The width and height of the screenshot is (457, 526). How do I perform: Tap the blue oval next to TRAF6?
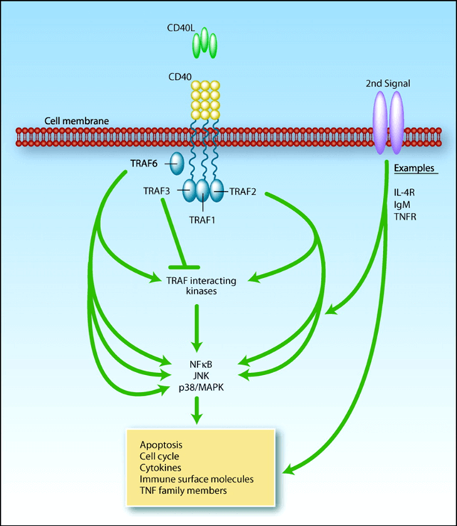(176, 163)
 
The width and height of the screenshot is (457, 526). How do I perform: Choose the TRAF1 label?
(203, 220)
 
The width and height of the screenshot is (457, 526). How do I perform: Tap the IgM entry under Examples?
(404, 204)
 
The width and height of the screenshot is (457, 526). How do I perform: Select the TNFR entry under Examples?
(406, 215)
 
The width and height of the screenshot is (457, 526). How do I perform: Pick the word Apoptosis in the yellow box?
(161, 446)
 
